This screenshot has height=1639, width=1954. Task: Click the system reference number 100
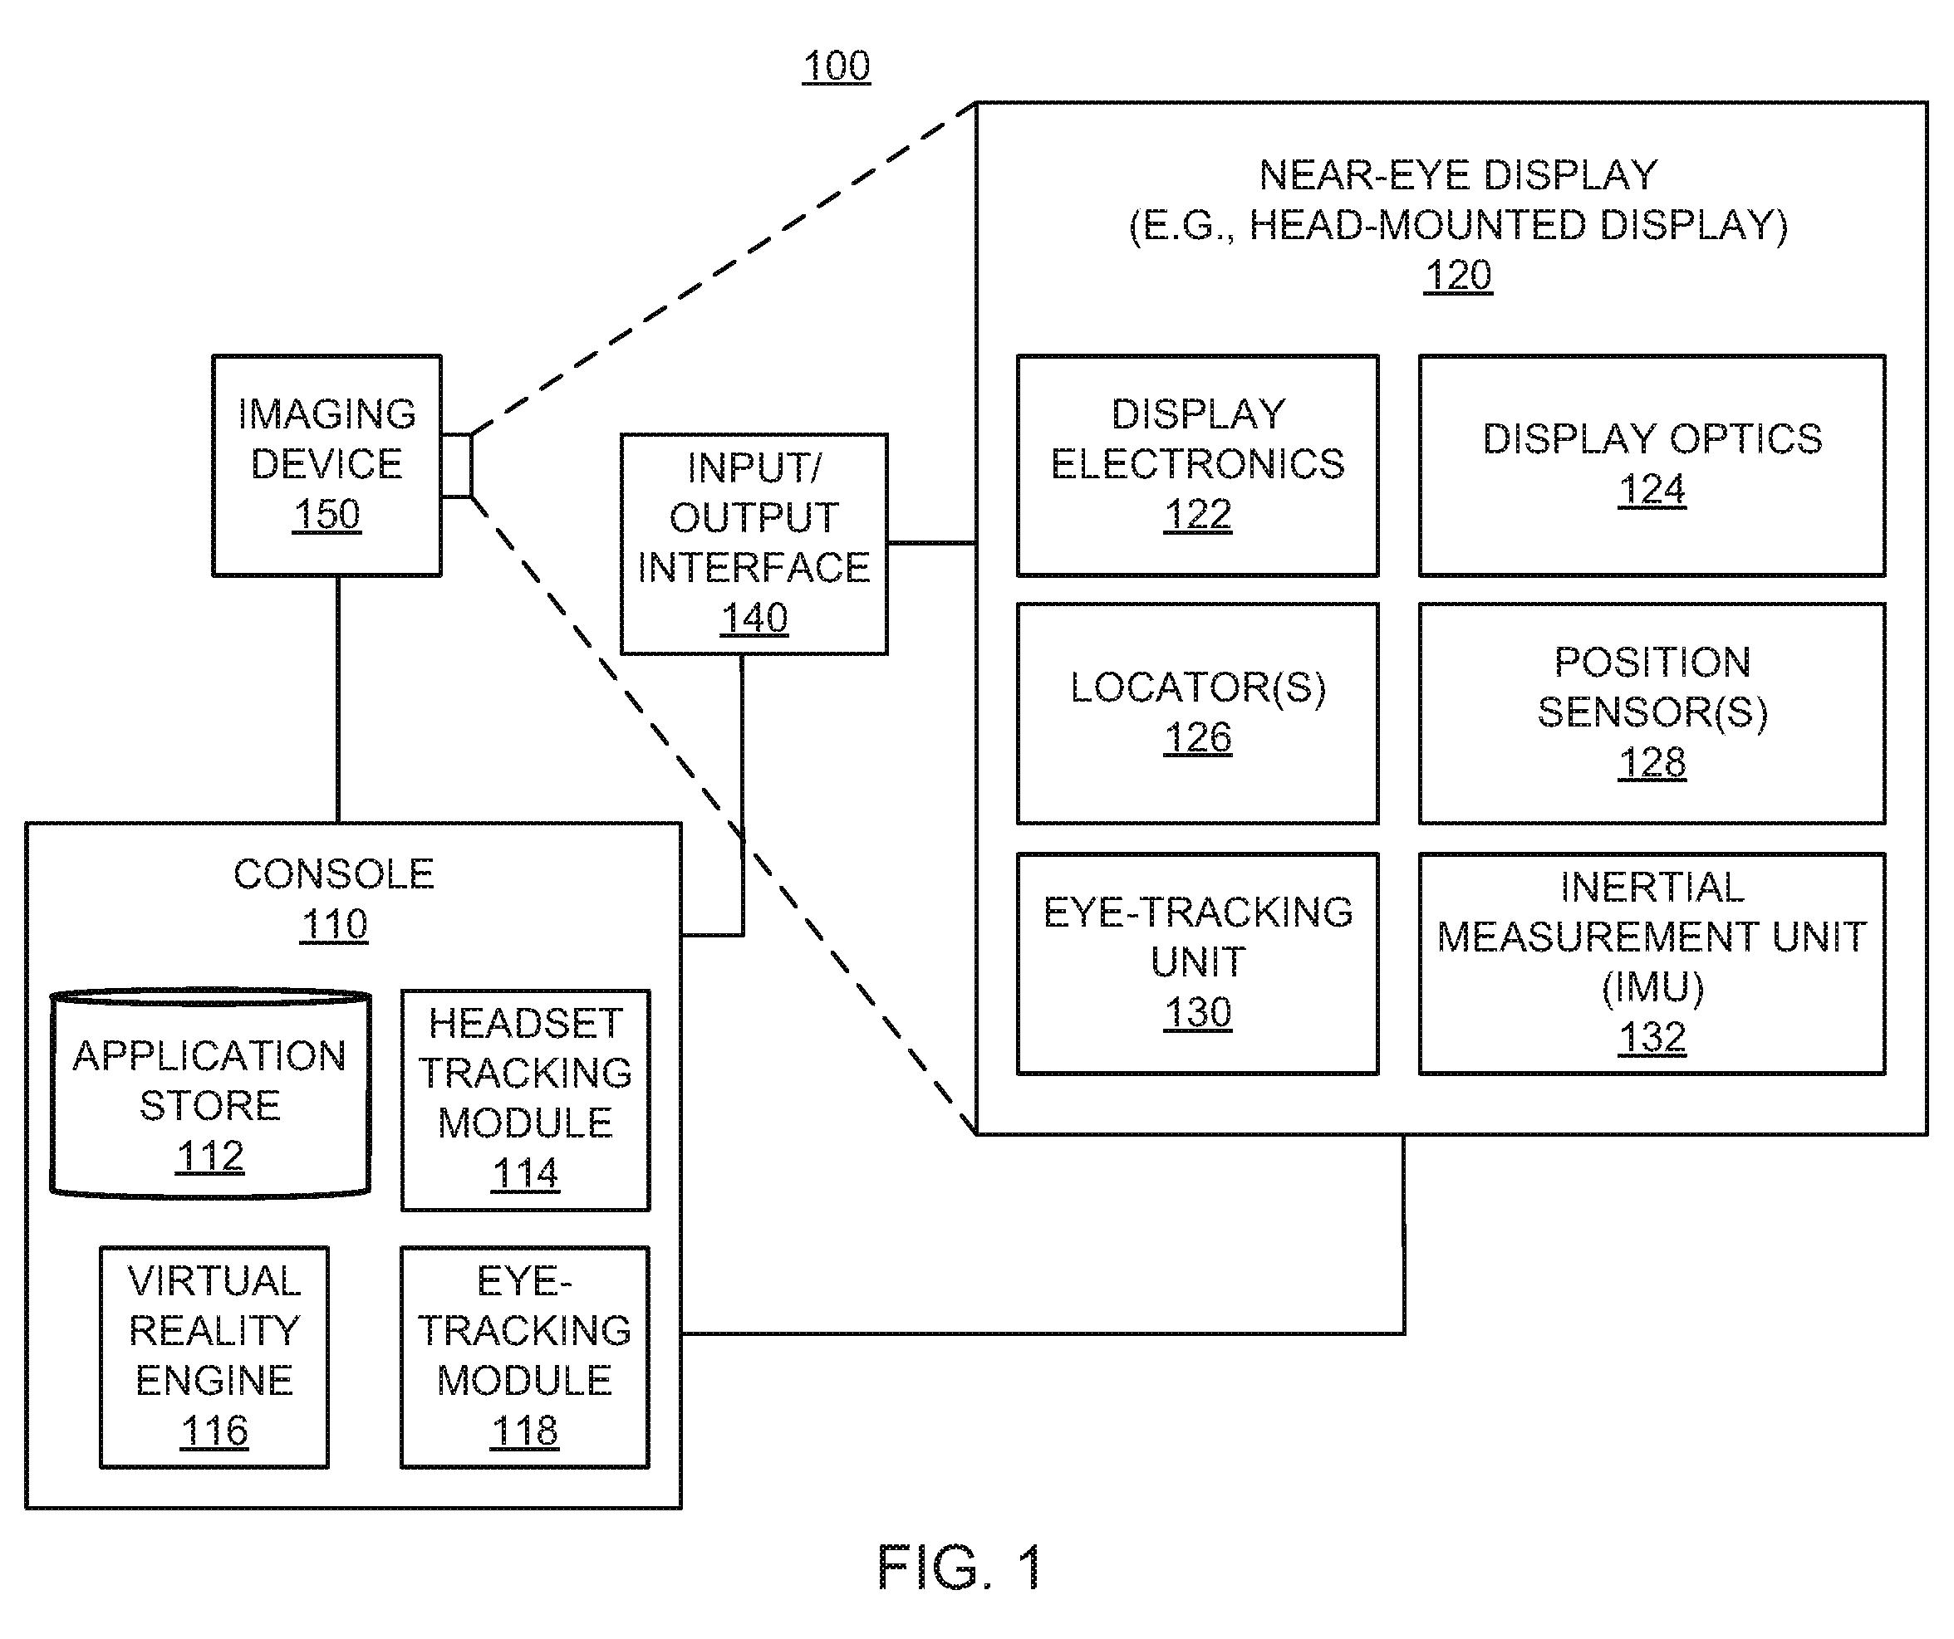[837, 66]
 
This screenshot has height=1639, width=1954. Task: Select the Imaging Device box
[326, 465]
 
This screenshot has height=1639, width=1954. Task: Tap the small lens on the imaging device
[457, 465]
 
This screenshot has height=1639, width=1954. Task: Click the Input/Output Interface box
[754, 544]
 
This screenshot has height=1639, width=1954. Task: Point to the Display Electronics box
[1197, 465]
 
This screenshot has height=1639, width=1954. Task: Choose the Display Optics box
[1652, 465]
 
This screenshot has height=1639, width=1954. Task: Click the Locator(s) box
[1197, 713]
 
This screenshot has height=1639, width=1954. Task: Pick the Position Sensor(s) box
[1652, 713]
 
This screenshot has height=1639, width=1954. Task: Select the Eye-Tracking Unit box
[1197, 964]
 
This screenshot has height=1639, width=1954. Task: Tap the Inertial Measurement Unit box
[1652, 964]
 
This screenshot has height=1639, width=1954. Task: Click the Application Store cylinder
[210, 1093]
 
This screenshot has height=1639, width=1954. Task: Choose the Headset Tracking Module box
[525, 1100]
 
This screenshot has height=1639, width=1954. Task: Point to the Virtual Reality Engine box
[214, 1358]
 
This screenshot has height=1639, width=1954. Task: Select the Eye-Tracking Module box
[525, 1358]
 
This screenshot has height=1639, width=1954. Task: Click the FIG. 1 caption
[960, 1568]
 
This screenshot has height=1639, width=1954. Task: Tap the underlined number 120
[1458, 276]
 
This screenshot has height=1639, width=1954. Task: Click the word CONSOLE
[333, 874]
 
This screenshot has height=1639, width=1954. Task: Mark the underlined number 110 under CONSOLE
[333, 925]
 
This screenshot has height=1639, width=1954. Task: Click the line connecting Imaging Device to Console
[338, 699]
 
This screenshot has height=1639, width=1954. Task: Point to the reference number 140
[754, 619]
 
